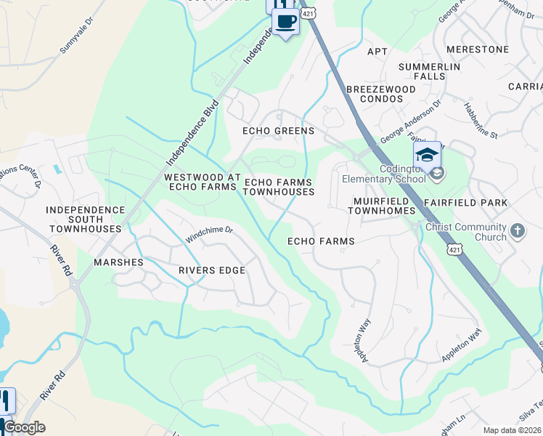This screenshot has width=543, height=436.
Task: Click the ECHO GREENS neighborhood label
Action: coord(279,132)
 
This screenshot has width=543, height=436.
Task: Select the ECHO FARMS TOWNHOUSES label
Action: coord(279,187)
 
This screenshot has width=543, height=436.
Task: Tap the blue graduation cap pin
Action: coord(428,155)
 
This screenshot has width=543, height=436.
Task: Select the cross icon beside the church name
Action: coord(517,230)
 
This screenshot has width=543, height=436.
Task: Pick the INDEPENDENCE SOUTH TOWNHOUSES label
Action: coord(85,219)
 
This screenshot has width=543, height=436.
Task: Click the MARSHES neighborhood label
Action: coord(118,262)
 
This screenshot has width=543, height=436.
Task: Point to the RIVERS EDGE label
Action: coord(212,270)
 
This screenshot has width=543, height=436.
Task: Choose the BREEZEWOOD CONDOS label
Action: coord(380,94)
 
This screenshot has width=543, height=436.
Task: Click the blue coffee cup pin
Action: coord(285,22)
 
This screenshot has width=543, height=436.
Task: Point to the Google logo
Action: coord(23,427)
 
